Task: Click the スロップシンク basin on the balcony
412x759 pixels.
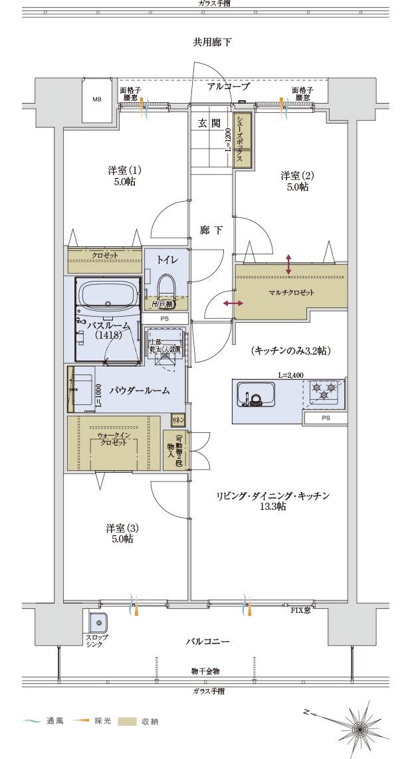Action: [98, 623]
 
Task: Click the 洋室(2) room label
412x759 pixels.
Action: [294, 181]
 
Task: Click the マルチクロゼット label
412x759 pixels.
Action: [291, 292]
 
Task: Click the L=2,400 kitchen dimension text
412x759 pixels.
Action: [290, 375]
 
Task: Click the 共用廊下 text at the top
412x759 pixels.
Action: [212, 42]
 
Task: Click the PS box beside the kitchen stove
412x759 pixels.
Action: [325, 418]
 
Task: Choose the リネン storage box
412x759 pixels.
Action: [177, 420]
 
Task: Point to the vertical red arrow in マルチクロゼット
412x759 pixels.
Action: [288, 264]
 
